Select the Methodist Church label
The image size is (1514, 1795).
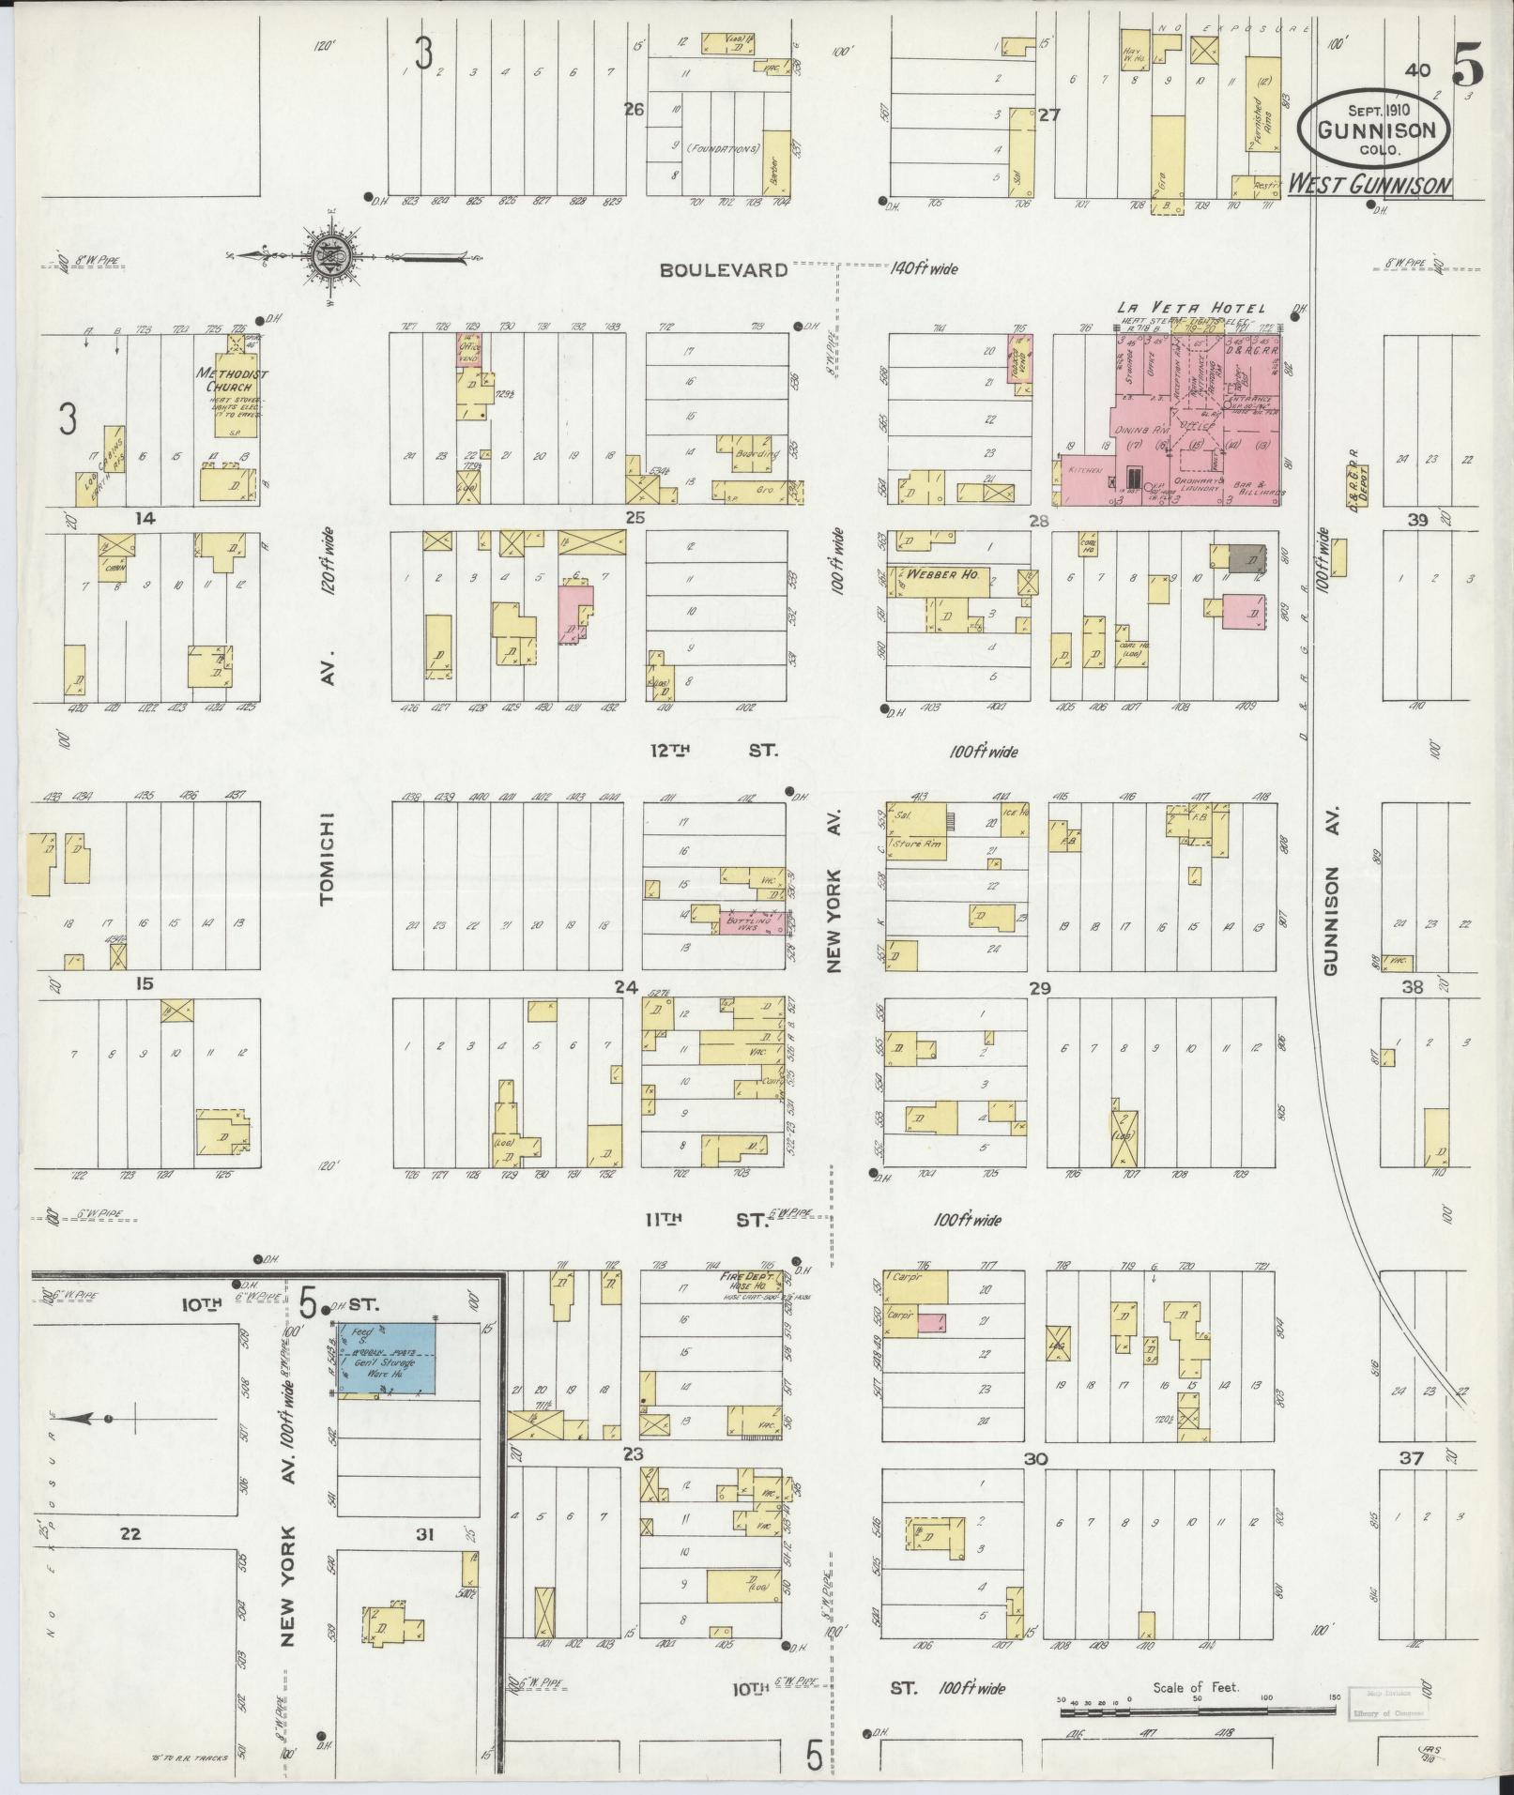(232, 380)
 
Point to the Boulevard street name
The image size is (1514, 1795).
(722, 270)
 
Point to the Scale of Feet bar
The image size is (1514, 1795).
(1197, 1711)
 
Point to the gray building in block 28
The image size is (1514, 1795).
(1246, 557)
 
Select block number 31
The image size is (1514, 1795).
(425, 1535)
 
